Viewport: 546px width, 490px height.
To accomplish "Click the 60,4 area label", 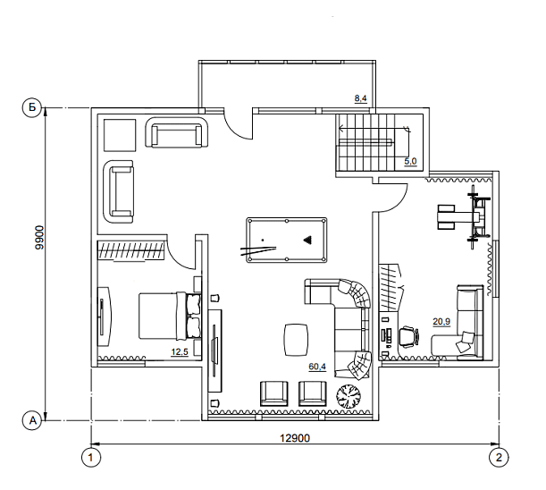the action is click(317, 367).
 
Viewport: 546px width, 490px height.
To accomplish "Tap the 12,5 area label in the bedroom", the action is click(180, 352).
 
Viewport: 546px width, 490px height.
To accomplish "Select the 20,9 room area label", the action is click(441, 322).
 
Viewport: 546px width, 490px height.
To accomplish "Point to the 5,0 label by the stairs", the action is click(410, 161).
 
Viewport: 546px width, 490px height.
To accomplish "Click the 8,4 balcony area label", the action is click(361, 98).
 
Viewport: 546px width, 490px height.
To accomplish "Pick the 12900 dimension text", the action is click(295, 438).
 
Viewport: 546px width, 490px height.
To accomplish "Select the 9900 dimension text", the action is click(39, 237).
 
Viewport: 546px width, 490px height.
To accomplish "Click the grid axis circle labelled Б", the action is click(32, 107).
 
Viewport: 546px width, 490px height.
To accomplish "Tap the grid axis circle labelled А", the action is click(32, 420).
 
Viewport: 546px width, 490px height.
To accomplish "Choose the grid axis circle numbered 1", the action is click(91, 457).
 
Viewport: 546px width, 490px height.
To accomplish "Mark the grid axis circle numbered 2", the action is click(499, 457).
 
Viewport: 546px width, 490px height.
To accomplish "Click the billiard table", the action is click(287, 241).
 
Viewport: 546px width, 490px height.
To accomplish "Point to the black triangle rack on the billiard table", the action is click(307, 240).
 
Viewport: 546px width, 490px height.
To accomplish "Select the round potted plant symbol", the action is click(349, 396).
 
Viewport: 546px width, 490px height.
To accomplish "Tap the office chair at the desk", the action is click(408, 336).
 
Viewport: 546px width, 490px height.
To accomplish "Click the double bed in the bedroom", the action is click(170, 316).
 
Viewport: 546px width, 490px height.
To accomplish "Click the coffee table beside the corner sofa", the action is click(297, 340).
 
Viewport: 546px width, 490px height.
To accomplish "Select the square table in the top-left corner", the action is click(120, 135).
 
